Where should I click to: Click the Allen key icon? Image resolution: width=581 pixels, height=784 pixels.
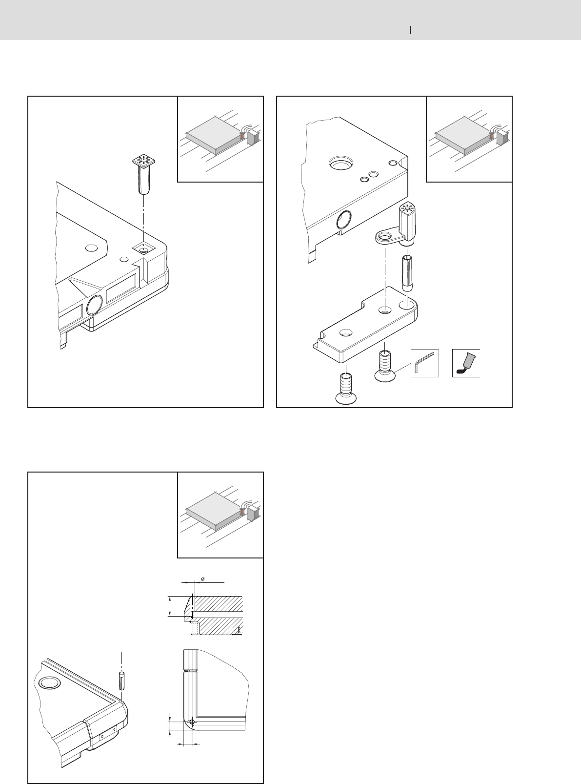coord(424,363)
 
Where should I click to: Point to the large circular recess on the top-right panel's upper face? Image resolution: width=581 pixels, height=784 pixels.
coord(341,163)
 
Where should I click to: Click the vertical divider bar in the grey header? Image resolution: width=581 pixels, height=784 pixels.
coord(411,30)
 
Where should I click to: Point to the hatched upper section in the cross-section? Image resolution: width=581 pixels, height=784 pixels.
coord(217,603)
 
